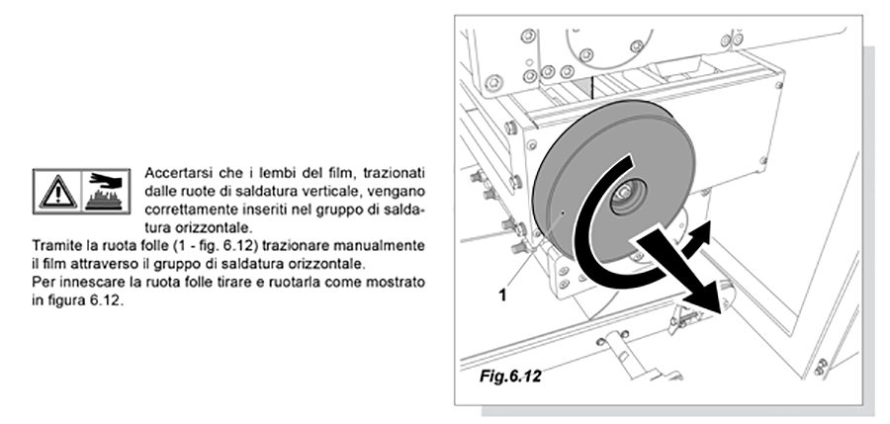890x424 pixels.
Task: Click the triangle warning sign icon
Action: (x=58, y=192)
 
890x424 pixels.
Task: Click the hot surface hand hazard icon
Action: (x=106, y=192)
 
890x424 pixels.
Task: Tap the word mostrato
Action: (x=400, y=282)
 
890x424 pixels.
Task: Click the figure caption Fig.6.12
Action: (x=510, y=376)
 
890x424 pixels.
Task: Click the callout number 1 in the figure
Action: (x=502, y=296)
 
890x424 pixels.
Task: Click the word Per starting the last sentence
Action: (x=42, y=282)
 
